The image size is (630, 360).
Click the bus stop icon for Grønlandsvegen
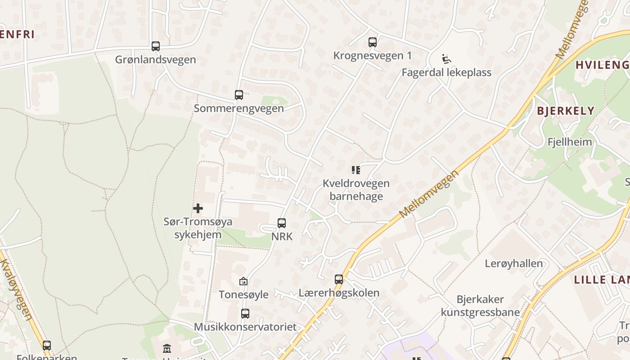tap(156, 46)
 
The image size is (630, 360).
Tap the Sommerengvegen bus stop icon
tap(239, 95)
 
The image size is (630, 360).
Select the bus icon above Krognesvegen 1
tap(373, 42)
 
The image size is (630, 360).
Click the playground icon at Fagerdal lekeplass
tap(446, 59)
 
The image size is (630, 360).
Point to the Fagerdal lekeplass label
tap(446, 72)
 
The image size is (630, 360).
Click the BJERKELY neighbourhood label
tap(566, 111)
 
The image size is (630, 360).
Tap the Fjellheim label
tap(570, 142)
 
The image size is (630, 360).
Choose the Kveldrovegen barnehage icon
tap(356, 170)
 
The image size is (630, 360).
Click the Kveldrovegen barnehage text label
tap(356, 190)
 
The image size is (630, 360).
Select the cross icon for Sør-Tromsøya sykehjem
tap(198, 208)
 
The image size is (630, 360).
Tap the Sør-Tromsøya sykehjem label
tap(198, 228)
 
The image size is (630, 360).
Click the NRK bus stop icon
tap(282, 223)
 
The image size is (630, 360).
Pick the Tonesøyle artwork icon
tap(243, 281)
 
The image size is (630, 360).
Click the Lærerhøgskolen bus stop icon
tap(339, 279)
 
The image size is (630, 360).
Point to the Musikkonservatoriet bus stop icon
tap(245, 313)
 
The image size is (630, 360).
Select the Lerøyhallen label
tap(514, 264)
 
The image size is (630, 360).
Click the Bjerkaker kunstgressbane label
tap(480, 306)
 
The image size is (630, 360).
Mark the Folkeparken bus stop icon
tap(47, 346)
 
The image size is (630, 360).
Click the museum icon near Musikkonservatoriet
tap(167, 348)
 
